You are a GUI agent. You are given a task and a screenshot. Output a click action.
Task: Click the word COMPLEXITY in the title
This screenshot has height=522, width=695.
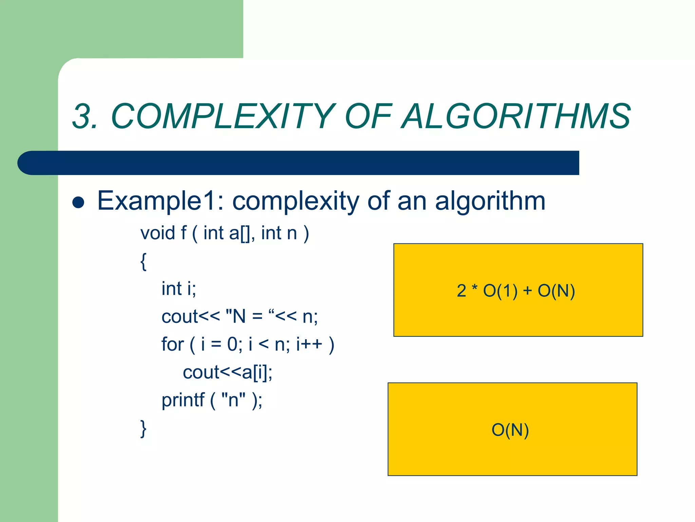point(222,117)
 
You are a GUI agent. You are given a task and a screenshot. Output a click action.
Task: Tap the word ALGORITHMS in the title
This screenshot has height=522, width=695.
point(516,117)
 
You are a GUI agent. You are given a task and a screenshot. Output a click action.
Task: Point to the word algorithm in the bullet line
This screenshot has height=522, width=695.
point(490,201)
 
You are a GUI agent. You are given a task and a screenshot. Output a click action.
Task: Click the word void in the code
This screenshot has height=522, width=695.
point(157,233)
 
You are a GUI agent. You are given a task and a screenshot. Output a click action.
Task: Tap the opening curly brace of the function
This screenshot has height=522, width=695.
point(144,261)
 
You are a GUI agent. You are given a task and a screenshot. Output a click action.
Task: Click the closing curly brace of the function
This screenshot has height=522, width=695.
point(144,429)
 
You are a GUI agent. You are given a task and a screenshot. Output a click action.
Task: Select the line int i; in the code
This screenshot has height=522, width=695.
point(179,289)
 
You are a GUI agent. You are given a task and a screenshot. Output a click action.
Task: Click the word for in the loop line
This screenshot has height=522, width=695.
point(172,345)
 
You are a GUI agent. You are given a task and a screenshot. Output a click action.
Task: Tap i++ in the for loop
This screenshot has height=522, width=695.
point(309,345)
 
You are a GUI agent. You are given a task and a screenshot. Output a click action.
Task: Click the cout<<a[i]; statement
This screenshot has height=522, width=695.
point(227,372)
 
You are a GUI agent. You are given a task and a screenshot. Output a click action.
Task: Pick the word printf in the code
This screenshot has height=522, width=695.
point(183,400)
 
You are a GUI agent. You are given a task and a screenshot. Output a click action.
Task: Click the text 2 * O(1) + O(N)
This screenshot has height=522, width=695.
point(516,291)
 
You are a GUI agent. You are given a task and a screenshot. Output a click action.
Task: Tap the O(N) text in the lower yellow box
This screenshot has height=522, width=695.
point(510,430)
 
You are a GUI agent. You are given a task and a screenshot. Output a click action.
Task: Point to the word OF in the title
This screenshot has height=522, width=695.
point(368,117)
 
